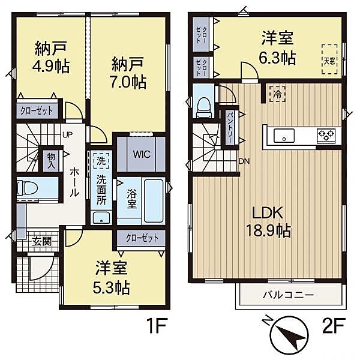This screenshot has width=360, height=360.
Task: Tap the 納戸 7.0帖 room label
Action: click(129, 72)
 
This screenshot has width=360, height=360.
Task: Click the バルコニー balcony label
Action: click(287, 295)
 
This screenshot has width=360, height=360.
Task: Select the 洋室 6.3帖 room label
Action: click(277, 48)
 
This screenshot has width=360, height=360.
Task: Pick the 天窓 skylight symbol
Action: click(329, 60)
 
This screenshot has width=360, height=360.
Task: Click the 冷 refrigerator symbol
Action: click(278, 94)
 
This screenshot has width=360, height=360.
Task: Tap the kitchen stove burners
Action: click(326, 135)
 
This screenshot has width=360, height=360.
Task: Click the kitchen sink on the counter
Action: click(283, 136)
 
